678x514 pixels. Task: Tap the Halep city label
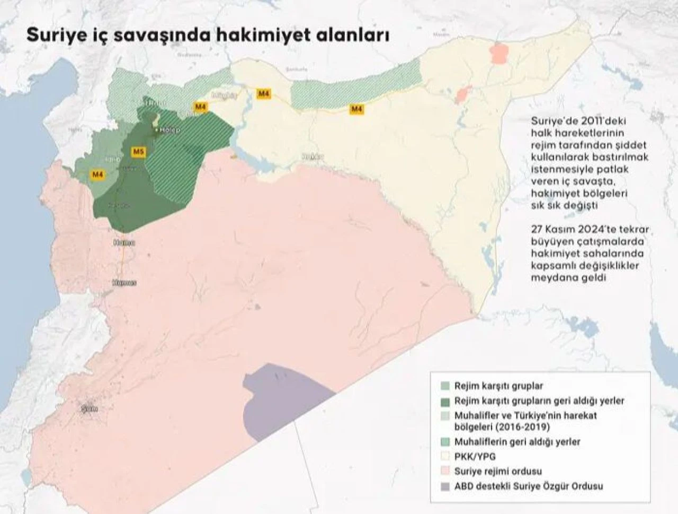(x=171, y=130)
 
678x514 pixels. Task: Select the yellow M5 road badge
(x=138, y=152)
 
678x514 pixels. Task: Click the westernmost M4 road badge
(x=97, y=174)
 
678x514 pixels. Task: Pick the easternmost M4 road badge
(x=357, y=109)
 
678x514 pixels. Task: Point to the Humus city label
(x=124, y=283)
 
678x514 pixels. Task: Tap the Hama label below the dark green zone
(x=124, y=242)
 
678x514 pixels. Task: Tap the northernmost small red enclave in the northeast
(x=498, y=54)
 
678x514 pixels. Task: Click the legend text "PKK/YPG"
(x=475, y=456)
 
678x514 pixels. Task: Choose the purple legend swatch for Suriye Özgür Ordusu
(x=445, y=486)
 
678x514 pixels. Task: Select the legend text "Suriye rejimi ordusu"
(x=498, y=471)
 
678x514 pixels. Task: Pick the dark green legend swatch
(x=445, y=401)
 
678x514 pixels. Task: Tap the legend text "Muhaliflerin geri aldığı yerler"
(x=518, y=441)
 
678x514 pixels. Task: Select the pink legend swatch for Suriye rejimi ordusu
(x=445, y=471)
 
